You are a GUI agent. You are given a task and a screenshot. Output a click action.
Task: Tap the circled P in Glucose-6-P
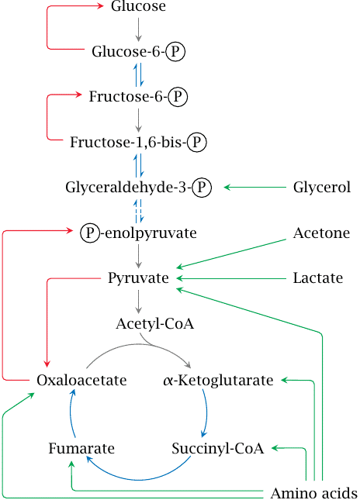pyautogui.click(x=178, y=52)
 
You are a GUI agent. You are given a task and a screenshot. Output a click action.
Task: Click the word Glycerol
pyautogui.click(x=322, y=187)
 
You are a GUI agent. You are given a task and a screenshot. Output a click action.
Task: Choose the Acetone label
pyautogui.click(x=321, y=233)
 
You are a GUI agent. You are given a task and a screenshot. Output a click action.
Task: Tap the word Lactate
pyautogui.click(x=318, y=278)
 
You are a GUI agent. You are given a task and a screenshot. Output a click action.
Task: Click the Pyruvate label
pyautogui.click(x=139, y=278)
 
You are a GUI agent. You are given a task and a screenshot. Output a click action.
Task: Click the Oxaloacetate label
pyautogui.click(x=81, y=381)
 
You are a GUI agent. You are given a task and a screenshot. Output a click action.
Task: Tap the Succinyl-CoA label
pyautogui.click(x=217, y=448)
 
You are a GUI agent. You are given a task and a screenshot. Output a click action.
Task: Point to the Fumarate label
pyautogui.click(x=81, y=448)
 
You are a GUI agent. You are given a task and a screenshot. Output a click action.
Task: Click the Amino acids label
pyautogui.click(x=313, y=493)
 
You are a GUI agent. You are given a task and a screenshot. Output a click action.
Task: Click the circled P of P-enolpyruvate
pyautogui.click(x=90, y=233)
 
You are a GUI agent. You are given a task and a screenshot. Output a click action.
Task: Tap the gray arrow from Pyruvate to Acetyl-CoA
pyautogui.click(x=139, y=300)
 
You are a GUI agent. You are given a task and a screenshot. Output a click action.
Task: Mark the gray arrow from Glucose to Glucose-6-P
pyautogui.click(x=139, y=29)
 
